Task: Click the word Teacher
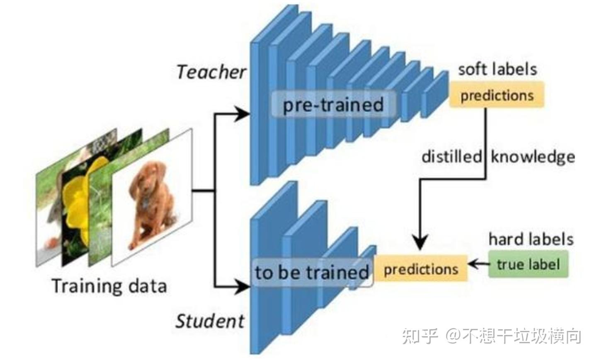211,72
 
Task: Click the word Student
210,321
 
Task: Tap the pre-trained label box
333,104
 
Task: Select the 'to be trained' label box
312,272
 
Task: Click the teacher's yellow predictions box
497,95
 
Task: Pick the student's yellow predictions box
421,269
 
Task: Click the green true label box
528,264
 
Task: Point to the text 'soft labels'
497,69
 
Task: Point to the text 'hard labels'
531,239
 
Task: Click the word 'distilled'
451,157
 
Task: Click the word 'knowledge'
533,157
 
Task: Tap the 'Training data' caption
109,286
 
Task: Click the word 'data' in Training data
147,286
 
